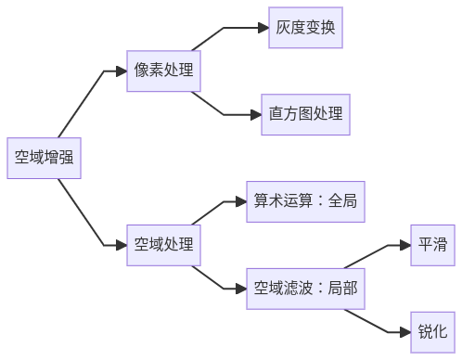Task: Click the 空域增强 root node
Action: click(43, 160)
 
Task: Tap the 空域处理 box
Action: click(164, 245)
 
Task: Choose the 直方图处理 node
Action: click(305, 115)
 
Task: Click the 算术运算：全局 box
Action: click(305, 202)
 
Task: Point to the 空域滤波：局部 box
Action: click(305, 289)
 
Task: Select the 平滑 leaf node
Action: click(432, 245)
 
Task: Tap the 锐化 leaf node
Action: click(432, 331)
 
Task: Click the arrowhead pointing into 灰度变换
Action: click(262, 29)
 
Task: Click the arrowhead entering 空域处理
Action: click(121, 245)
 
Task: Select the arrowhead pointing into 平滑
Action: click(404, 245)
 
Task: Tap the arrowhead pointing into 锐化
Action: click(404, 331)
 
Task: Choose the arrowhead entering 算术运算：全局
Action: click(239, 202)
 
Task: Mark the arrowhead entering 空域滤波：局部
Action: click(239, 289)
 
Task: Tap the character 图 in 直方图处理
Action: click(305, 115)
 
